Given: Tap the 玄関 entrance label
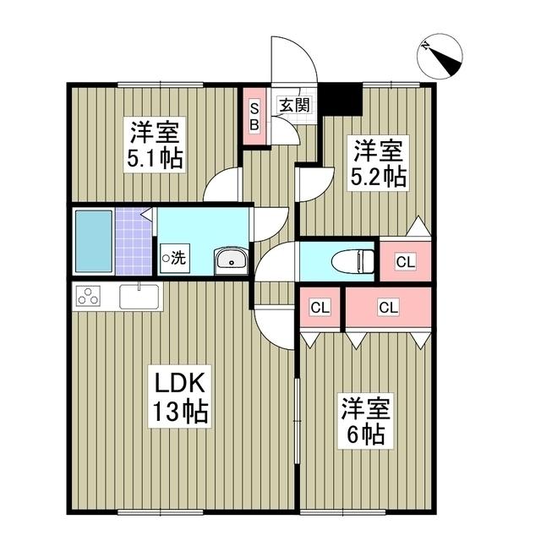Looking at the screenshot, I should [x=294, y=106].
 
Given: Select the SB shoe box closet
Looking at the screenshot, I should [x=253, y=117].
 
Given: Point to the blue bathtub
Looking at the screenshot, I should [x=93, y=241].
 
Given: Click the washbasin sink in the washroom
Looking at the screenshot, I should [x=230, y=260].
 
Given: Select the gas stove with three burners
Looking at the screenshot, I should [x=88, y=296].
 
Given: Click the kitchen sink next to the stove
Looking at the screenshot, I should [x=139, y=297].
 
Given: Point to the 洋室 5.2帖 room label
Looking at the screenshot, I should [x=378, y=162].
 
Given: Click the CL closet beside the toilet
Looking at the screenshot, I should [x=405, y=262].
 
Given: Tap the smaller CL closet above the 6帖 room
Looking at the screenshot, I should [x=320, y=308].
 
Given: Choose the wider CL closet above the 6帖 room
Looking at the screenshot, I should [x=388, y=308].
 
